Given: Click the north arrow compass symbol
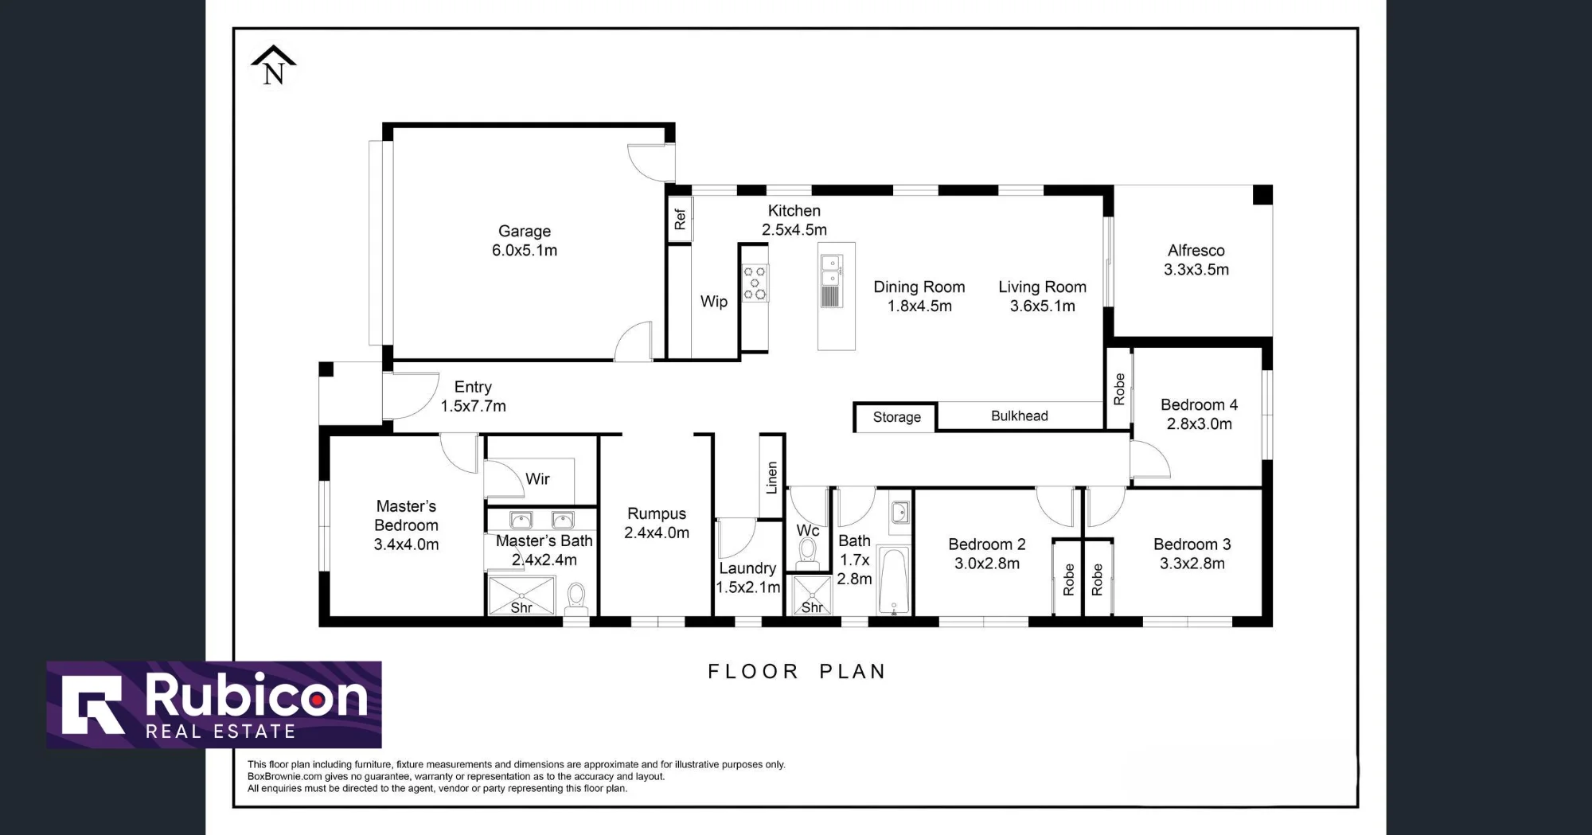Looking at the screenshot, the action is [274, 65].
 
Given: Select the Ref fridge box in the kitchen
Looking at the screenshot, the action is [680, 219].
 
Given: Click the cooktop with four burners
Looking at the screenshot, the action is [755, 283].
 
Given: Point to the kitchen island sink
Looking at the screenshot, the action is [831, 271].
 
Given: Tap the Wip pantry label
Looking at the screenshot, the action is [714, 302].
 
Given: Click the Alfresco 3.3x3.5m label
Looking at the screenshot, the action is [1196, 260].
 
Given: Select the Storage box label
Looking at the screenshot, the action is [896, 417].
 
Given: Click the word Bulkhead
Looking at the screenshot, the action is [1020, 416].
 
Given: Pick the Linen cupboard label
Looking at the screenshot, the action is [771, 478].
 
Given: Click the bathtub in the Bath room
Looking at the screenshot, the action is [895, 581].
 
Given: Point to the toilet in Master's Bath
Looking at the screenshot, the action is [576, 599].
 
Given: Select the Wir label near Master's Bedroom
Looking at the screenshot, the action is [537, 478].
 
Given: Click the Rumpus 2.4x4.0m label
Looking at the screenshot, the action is [657, 523].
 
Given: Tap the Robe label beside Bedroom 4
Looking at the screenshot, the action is [1119, 389].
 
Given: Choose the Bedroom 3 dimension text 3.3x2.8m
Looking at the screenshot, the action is [1192, 564].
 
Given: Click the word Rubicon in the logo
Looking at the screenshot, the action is [256, 696].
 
